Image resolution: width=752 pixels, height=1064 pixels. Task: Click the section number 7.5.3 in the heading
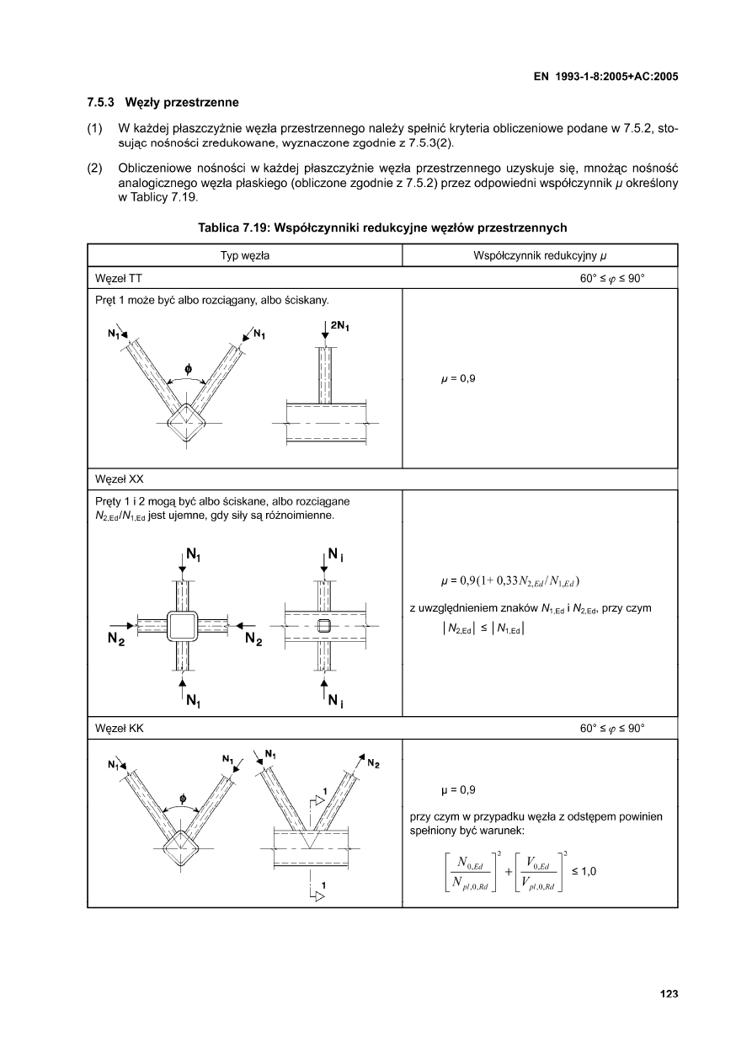point(103,103)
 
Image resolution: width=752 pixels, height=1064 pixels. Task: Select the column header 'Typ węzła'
point(244,255)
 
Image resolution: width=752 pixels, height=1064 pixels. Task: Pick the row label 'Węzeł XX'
point(120,479)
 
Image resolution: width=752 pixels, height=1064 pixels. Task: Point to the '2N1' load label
point(341,324)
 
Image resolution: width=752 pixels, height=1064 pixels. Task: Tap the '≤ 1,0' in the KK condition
point(584,871)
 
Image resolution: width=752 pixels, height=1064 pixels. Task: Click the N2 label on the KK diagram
point(373,764)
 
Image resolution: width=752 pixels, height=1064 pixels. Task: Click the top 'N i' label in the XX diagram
point(334,555)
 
